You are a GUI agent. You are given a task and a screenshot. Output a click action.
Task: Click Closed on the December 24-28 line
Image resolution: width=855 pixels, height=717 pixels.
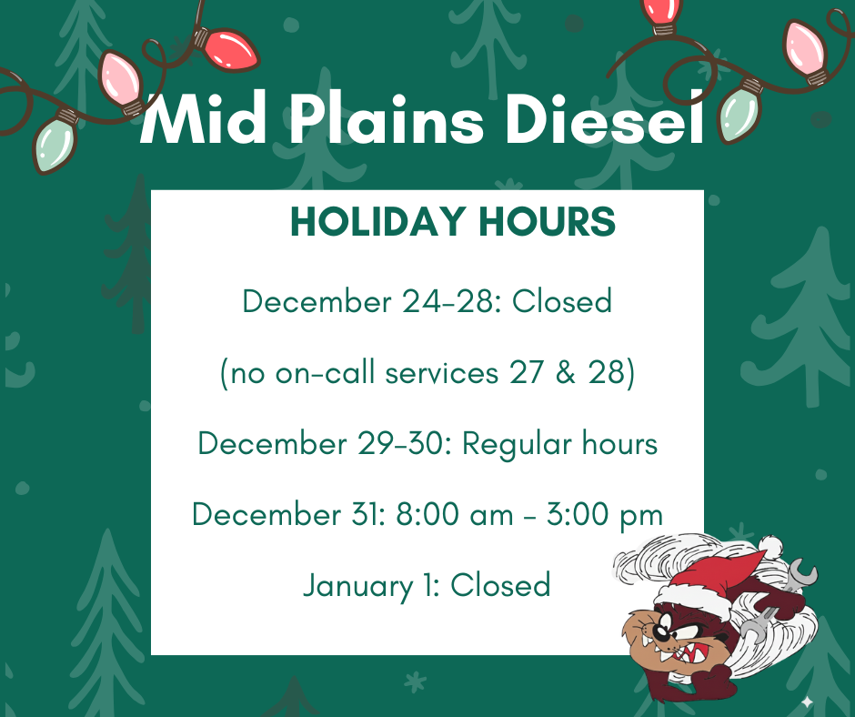click(x=562, y=300)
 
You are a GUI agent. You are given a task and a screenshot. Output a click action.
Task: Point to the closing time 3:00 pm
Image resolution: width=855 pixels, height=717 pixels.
click(x=605, y=515)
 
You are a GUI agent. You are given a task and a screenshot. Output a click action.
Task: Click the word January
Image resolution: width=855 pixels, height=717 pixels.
click(x=356, y=585)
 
